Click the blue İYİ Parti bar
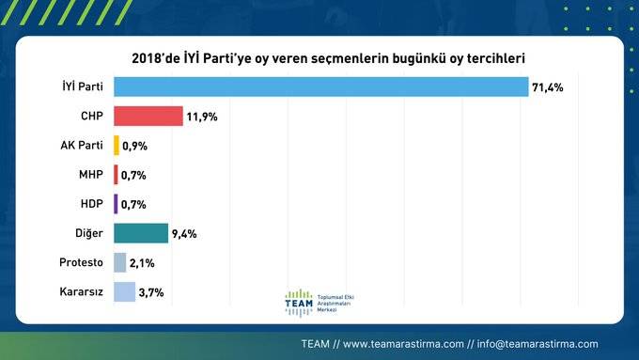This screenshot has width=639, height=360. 320,86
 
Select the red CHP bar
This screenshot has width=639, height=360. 148,116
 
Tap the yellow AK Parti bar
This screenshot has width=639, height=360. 117,146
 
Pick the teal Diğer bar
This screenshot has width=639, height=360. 141,233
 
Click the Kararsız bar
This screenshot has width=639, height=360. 124,292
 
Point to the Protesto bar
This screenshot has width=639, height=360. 119,262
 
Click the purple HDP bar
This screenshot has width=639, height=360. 116,204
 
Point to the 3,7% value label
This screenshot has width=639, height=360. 152,292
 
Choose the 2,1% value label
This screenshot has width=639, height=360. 143,263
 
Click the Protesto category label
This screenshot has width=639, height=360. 81,262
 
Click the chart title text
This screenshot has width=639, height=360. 320,58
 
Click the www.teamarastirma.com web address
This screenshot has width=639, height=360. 403,343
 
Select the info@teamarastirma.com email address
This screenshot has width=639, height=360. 538,343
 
